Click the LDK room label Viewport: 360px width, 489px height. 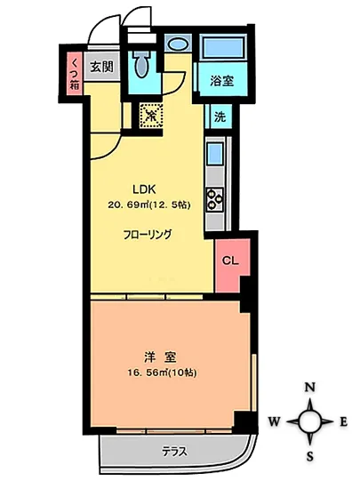tap(144, 188)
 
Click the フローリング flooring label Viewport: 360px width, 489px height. tap(148, 235)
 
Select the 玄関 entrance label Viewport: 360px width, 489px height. tap(101, 67)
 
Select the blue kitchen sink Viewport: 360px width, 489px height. tap(215, 156)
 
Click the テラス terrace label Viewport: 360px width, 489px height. tap(173, 451)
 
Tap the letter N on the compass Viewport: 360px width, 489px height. tap(311, 388)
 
